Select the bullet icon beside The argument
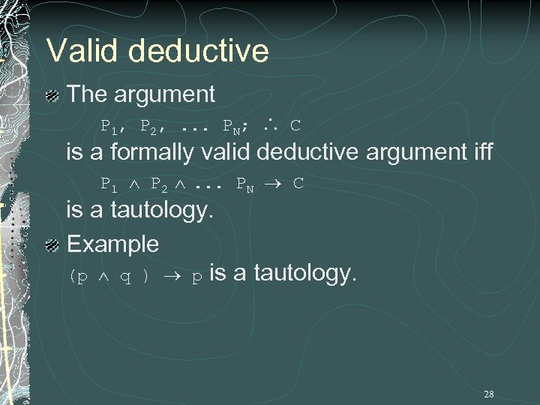click(x=52, y=95)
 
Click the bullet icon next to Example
click(x=52, y=244)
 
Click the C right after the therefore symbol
click(x=295, y=124)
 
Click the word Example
click(x=112, y=244)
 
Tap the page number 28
click(x=488, y=394)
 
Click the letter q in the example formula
click(x=127, y=276)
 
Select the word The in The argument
click(x=86, y=94)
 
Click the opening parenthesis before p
click(x=73, y=276)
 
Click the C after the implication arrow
click(x=298, y=184)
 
